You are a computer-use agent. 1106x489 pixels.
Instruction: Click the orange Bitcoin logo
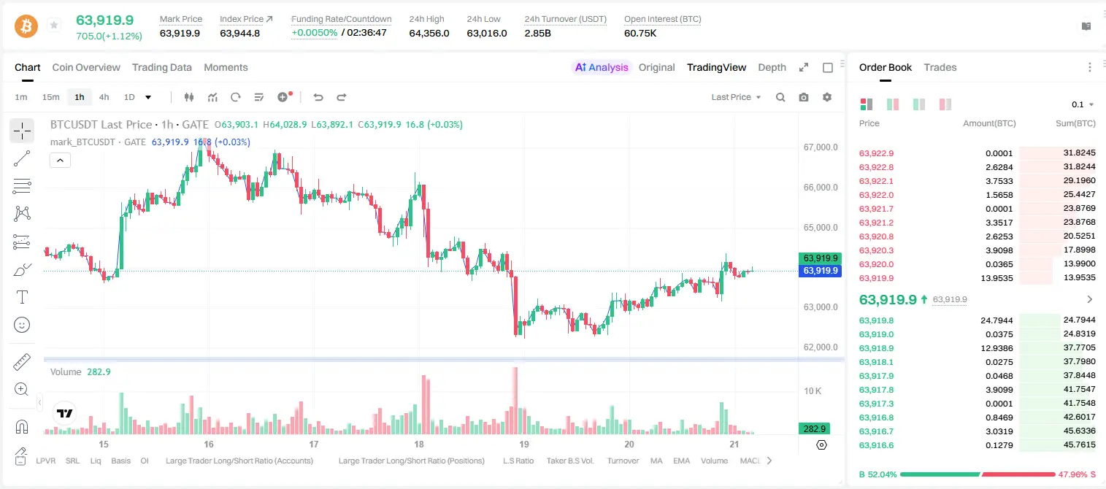pyautogui.click(x=26, y=26)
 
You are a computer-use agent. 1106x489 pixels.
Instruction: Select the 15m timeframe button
pyautogui.click(x=51, y=97)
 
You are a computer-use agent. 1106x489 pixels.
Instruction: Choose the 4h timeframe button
pyautogui.click(x=104, y=97)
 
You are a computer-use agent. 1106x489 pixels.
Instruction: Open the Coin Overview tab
pyautogui.click(x=86, y=68)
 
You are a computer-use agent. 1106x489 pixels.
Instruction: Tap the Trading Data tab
pyautogui.click(x=162, y=68)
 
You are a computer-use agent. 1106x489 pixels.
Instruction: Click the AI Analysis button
pyautogui.click(x=602, y=68)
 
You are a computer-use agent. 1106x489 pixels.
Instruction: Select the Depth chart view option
pyautogui.click(x=772, y=68)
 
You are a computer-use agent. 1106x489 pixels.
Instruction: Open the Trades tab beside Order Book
pyautogui.click(x=940, y=68)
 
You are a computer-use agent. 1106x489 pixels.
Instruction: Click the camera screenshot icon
pyautogui.click(x=804, y=97)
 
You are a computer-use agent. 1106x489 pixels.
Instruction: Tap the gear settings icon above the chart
pyautogui.click(x=827, y=97)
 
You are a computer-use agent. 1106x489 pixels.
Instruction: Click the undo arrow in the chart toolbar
pyautogui.click(x=318, y=97)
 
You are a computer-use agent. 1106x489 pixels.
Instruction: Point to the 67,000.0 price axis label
pyautogui.click(x=821, y=147)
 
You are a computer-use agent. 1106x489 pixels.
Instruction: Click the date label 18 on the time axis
pyautogui.click(x=419, y=444)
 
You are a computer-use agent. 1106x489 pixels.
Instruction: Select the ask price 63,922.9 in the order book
pyautogui.click(x=877, y=153)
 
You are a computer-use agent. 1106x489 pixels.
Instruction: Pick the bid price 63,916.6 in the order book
pyautogui.click(x=877, y=445)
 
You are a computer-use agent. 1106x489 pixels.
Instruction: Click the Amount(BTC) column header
pyautogui.click(x=989, y=123)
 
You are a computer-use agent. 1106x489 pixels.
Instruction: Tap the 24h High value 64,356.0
pyautogui.click(x=429, y=33)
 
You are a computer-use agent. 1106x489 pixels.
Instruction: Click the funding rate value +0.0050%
pyautogui.click(x=315, y=33)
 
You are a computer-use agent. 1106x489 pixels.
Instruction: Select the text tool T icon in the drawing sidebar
pyautogui.click(x=22, y=297)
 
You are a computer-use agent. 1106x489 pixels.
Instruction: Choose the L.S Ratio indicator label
pyautogui.click(x=518, y=461)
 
